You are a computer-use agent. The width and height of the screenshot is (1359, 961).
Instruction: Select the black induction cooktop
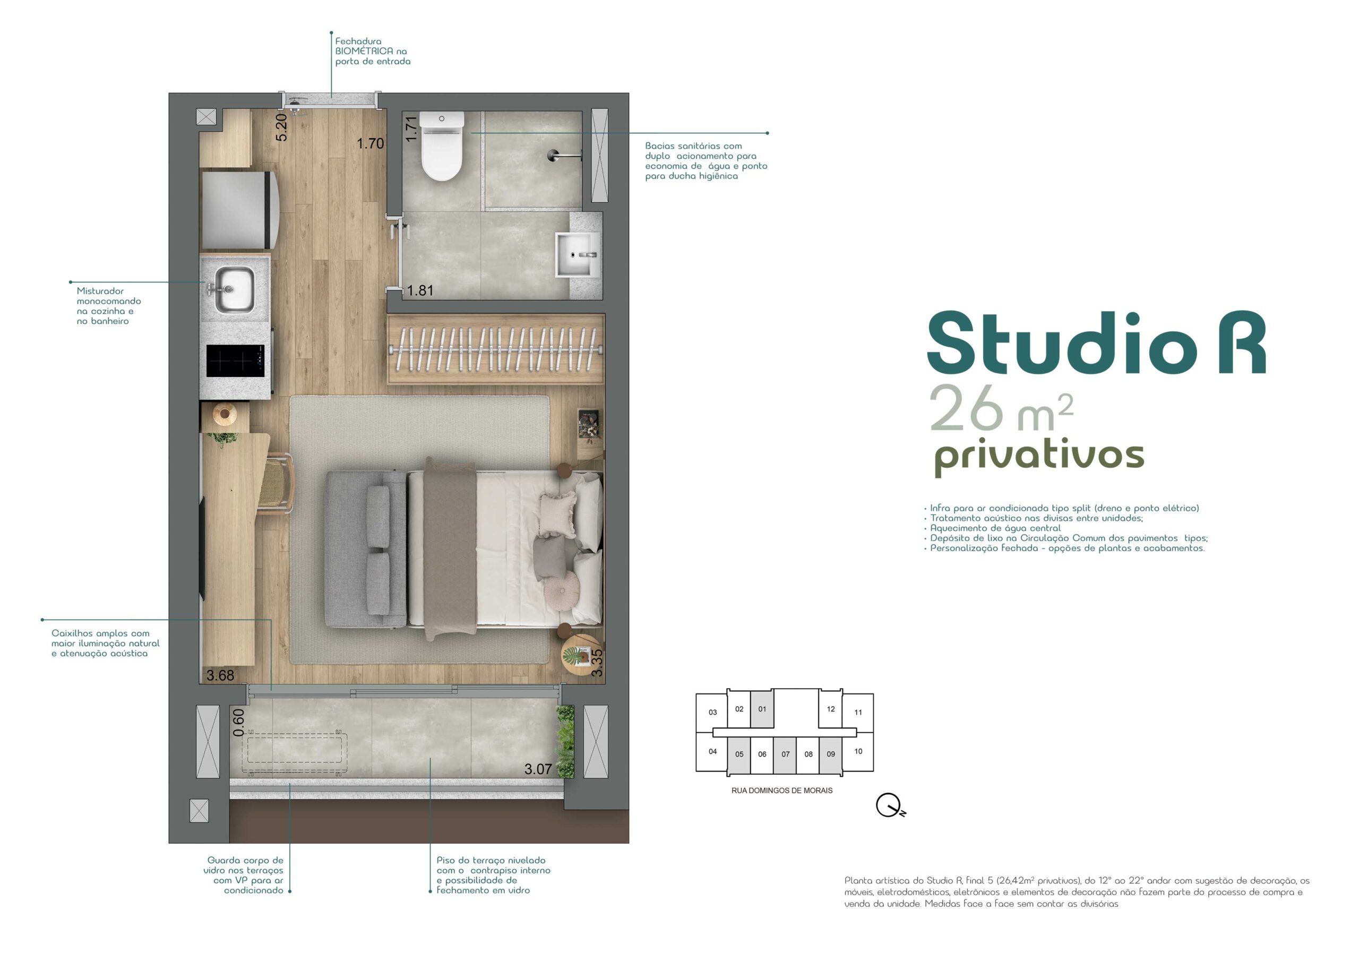235,361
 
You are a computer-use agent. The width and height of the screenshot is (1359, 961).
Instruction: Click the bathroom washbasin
577,255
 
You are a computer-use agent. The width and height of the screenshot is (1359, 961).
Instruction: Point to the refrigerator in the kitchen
240,210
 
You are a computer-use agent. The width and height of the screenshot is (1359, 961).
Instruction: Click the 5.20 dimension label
282,127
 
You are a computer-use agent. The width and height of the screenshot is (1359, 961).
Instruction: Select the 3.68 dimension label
220,675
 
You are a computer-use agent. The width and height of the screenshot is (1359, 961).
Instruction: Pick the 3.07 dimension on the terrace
538,769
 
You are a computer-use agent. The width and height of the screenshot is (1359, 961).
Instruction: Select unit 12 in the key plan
830,709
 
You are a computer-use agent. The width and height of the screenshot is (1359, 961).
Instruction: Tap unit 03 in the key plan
712,713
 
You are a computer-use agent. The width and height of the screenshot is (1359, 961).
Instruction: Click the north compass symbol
890,805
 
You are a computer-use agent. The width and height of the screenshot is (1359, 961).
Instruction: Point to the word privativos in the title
1039,456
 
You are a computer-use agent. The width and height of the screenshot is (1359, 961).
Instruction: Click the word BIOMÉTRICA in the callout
364,51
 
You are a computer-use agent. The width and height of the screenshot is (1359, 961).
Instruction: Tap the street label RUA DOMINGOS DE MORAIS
782,791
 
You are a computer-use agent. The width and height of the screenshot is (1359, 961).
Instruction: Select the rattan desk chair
277,483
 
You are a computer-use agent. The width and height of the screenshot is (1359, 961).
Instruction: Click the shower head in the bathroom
560,156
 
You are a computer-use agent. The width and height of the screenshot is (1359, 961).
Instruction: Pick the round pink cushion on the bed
560,590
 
